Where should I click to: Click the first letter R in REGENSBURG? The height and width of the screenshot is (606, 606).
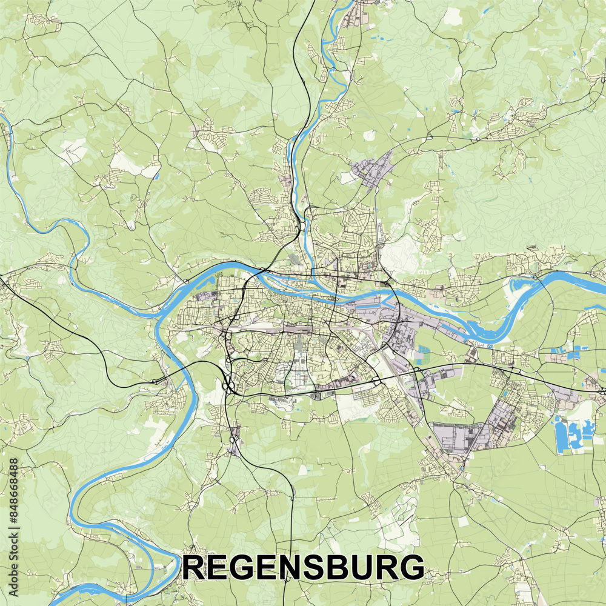coord(196,568)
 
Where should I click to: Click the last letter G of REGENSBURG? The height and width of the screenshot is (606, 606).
coord(412,568)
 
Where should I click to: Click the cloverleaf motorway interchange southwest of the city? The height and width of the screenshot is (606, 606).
coord(230,385)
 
